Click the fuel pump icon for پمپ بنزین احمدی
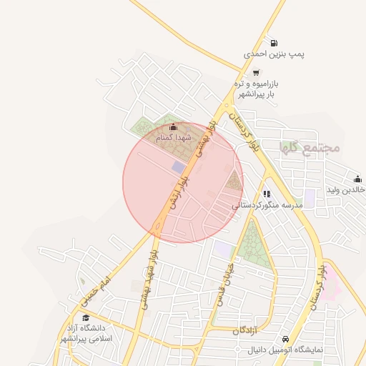tap(274, 43)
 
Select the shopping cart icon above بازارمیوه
tap(256, 72)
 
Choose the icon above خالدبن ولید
tap(357, 179)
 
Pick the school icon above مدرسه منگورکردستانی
tap(266, 194)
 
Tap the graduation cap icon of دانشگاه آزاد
tap(86, 318)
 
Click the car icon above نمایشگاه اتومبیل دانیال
tap(285, 338)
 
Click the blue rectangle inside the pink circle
tap(178, 167)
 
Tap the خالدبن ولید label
tap(347, 189)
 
